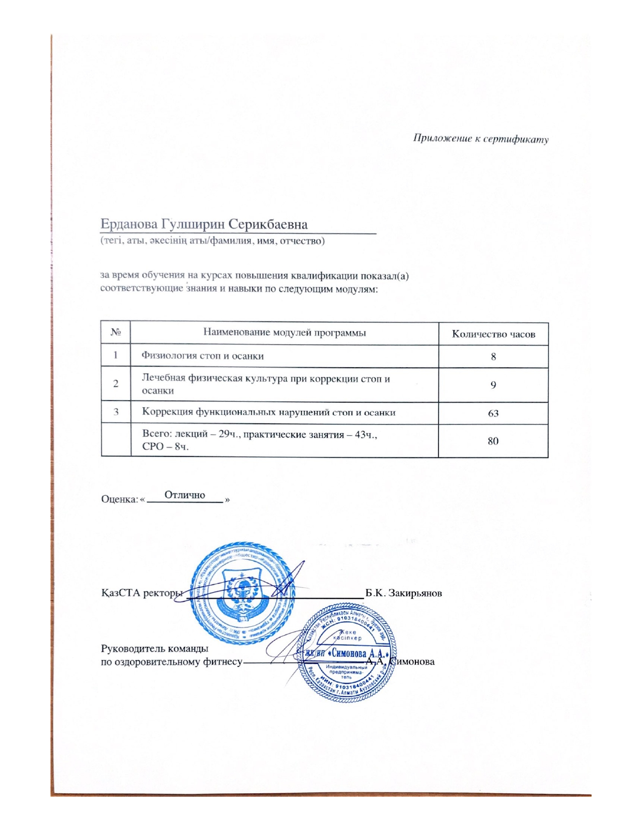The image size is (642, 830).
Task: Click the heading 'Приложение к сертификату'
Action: pyautogui.click(x=480, y=139)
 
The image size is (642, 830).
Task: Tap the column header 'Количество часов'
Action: pyautogui.click(x=493, y=334)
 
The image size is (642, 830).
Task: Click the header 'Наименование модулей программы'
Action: pyautogui.click(x=284, y=333)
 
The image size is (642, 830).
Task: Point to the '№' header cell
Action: pyautogui.click(x=116, y=333)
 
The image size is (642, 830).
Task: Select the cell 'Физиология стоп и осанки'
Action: pyautogui.click(x=202, y=356)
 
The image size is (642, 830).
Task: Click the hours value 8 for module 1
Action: pyautogui.click(x=493, y=357)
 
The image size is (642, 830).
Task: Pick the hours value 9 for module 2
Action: pyautogui.click(x=493, y=385)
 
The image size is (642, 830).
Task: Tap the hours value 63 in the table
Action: pyautogui.click(x=493, y=413)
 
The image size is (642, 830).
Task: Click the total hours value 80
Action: pyautogui.click(x=493, y=441)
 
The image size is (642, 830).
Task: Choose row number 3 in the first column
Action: pyautogui.click(x=116, y=412)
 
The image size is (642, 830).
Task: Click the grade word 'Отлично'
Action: pyautogui.click(x=185, y=495)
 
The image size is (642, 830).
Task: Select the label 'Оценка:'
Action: pyautogui.click(x=119, y=500)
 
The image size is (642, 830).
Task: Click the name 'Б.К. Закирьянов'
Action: pyautogui.click(x=403, y=593)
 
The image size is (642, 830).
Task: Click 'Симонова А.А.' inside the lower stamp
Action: pyautogui.click(x=359, y=654)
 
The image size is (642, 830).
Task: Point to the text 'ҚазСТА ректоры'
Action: pyautogui.click(x=141, y=593)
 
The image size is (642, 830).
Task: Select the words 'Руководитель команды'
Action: pyautogui.click(x=155, y=648)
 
